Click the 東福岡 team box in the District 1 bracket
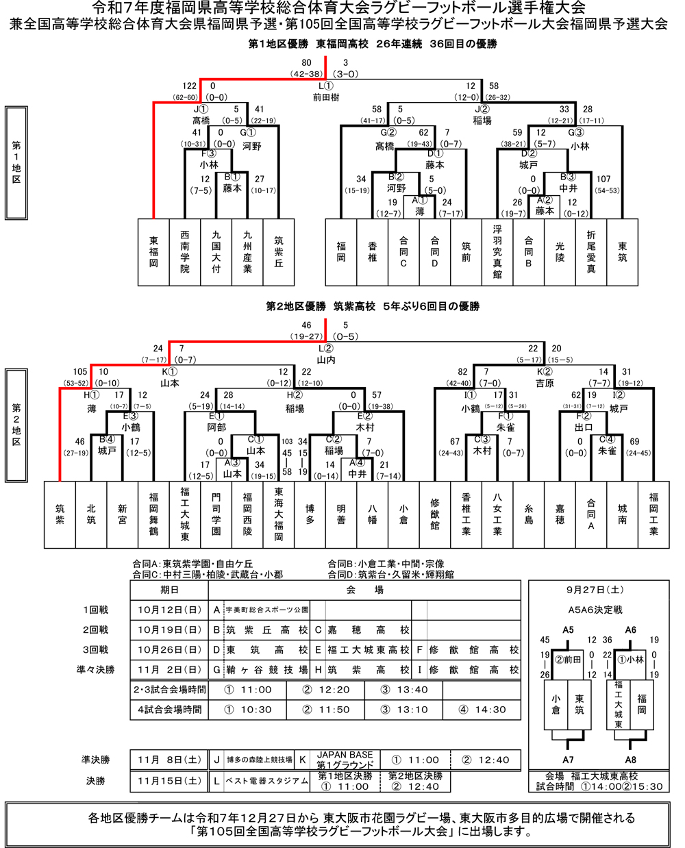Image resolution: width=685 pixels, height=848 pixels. pos(153,252)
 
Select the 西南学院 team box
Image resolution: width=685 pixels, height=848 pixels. pos(185,252)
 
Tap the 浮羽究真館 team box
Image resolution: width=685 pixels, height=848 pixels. pos(497,252)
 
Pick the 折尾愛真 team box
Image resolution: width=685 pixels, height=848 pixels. pos(591,252)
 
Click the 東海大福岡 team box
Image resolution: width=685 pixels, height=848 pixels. pos(279,514)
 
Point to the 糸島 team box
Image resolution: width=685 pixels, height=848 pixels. pos(529,514)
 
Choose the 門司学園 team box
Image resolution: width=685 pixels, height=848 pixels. pos(216,514)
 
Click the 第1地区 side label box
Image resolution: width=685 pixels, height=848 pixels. pos(16,162)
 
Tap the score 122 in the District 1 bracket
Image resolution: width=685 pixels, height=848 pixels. pos(190,86)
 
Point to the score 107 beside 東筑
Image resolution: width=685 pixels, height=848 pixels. pos(603,179)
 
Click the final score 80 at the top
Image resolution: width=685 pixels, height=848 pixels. pos(306,63)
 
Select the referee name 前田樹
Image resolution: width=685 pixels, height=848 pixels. pos(326,97)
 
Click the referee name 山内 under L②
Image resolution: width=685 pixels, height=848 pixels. pos(326,359)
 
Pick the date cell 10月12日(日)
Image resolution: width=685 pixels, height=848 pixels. pos(169,610)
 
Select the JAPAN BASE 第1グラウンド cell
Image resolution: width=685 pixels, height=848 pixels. pos(345,760)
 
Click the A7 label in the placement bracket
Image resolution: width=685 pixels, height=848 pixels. pos(568,760)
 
